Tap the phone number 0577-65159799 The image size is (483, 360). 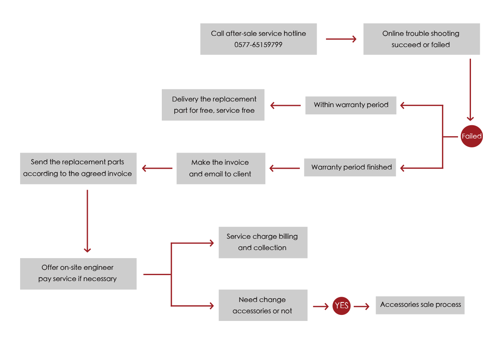click(258, 45)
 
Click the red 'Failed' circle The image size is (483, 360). click(471, 136)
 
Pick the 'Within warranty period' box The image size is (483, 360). click(351, 105)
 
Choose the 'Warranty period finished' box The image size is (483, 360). click(351, 167)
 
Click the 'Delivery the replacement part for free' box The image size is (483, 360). click(213, 105)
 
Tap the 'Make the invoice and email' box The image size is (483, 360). click(221, 168)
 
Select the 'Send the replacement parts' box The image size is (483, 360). click(78, 168)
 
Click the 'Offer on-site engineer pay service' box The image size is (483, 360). click(78, 273)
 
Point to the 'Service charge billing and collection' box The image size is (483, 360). click(263, 242)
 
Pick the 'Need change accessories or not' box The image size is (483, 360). click(263, 305)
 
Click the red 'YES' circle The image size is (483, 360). click(341, 306)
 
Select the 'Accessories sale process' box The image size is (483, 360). click(420, 305)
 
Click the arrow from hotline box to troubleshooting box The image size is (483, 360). click(341, 39)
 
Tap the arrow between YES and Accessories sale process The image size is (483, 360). click(361, 306)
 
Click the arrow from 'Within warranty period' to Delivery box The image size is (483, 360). click(285, 106)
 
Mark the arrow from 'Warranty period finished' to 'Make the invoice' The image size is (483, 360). click(285, 168)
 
